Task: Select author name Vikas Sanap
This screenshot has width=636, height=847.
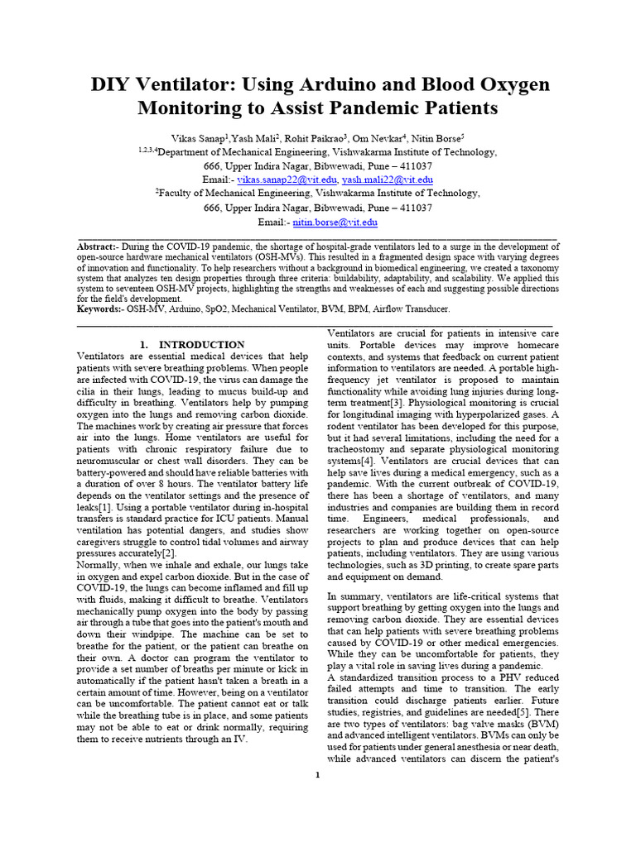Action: (190, 139)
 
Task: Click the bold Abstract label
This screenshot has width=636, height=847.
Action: (98, 247)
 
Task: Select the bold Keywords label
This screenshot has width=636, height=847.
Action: (100, 309)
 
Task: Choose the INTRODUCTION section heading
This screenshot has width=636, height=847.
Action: (201, 344)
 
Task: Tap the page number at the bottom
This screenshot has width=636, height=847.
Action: (317, 774)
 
